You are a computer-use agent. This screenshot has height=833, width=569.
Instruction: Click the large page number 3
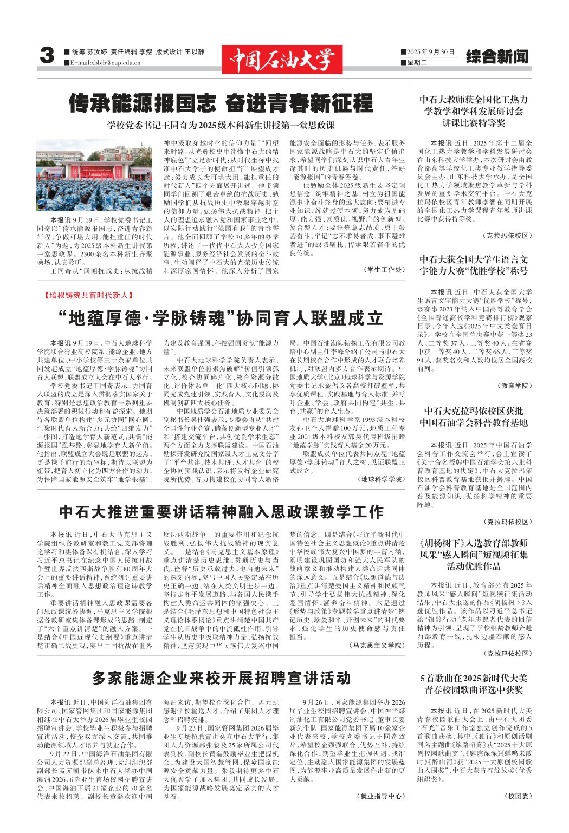coord(47,56)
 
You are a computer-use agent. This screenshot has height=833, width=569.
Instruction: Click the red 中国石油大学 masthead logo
coord(282,59)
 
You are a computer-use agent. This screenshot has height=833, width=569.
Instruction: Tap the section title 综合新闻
coord(496,56)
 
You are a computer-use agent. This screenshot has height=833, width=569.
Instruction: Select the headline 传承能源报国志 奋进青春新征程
coord(221,103)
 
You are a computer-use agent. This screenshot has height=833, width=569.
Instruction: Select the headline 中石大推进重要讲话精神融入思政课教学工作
coord(221,512)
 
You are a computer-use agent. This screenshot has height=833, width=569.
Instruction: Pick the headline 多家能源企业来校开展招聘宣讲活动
coord(221,678)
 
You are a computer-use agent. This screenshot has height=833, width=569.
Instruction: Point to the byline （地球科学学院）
coord(381,479)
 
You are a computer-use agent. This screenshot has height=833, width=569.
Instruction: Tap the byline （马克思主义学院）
coord(377,645)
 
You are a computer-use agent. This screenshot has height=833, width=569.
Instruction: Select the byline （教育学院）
coord(514,386)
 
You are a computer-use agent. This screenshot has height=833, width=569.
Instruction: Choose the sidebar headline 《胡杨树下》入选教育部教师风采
coord(474,543)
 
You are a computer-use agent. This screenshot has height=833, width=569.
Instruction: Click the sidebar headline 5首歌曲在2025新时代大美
coord(474,678)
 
